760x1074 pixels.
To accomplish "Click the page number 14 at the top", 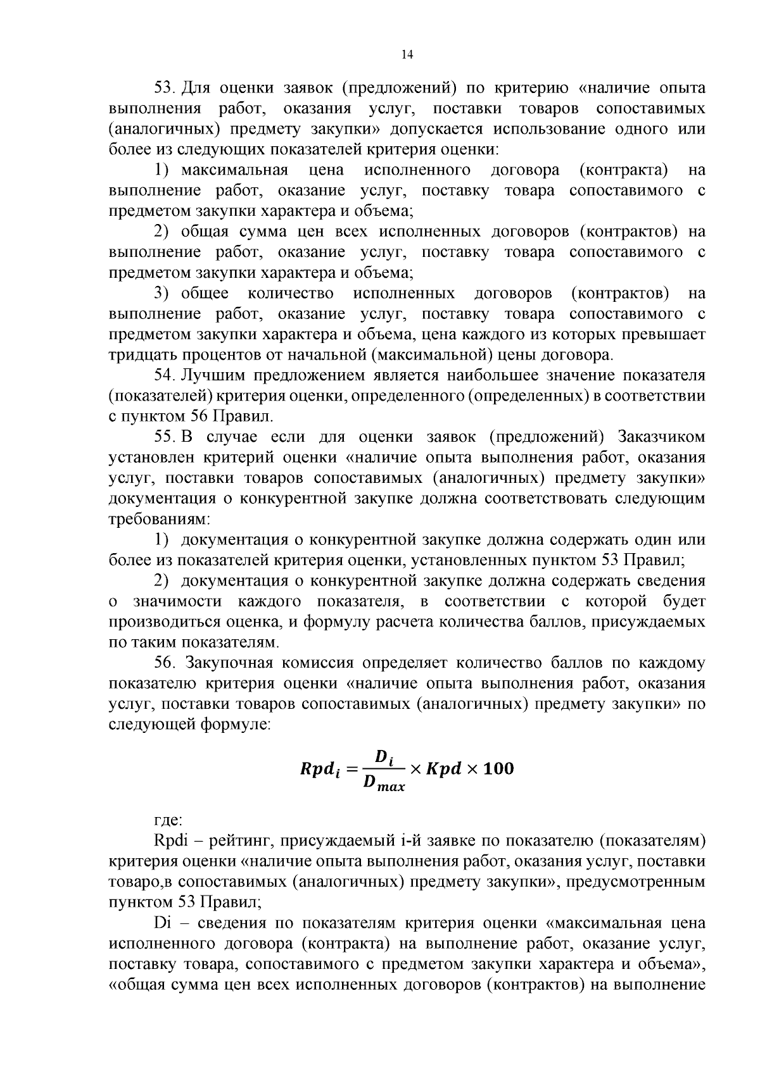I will tap(407, 55).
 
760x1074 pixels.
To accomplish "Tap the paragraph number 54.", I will tap(166, 375).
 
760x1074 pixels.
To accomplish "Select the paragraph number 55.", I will tap(166, 437).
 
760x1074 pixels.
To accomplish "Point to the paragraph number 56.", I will tap(167, 663).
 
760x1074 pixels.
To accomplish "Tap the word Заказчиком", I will tap(661, 437).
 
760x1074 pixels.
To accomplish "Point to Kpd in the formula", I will tap(446, 770).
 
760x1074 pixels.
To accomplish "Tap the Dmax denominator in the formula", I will tap(383, 784).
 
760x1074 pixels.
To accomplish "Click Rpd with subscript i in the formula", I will tap(319, 770).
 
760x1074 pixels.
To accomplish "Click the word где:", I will tap(168, 821).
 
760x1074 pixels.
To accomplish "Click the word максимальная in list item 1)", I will tap(234, 170).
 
